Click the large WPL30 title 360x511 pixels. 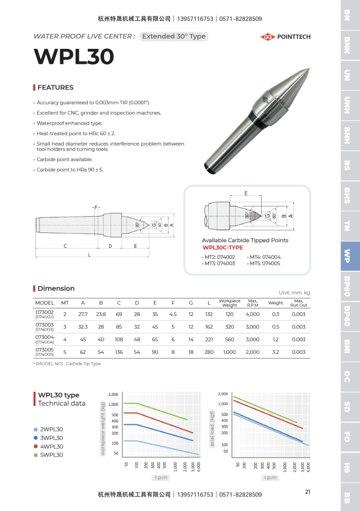[x=74, y=56]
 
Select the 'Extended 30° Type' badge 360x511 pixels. [x=174, y=36]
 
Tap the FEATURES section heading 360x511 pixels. [x=55, y=87]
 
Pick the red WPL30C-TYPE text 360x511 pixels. [x=223, y=248]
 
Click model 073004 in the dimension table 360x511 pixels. [x=45, y=337]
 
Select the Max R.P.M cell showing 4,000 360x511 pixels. [x=252, y=314]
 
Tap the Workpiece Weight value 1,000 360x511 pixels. [x=229, y=352]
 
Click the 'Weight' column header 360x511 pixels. [x=276, y=302]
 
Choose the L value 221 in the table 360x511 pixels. [x=209, y=339]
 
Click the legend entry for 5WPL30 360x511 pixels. [x=51, y=455]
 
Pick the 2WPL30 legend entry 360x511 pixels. [x=51, y=430]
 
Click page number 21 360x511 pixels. [x=308, y=492]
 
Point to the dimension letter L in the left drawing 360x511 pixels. [x=89, y=255]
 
